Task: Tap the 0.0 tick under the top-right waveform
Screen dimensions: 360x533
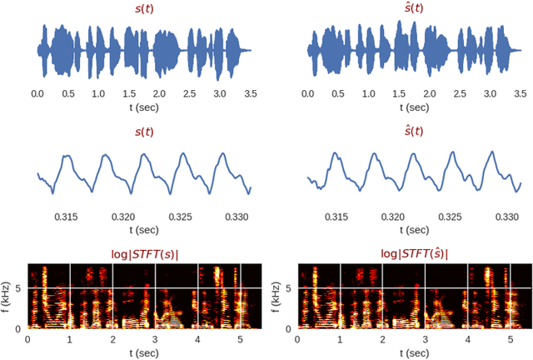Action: click(308, 94)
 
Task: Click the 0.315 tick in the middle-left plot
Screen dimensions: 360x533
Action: click(66, 217)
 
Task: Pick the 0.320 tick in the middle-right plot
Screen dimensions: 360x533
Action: click(394, 217)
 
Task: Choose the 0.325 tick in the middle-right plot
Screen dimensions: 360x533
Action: click(451, 217)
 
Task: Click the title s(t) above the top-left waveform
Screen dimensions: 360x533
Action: click(144, 9)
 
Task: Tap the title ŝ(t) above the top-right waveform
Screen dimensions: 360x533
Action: click(414, 9)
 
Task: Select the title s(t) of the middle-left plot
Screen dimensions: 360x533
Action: click(144, 132)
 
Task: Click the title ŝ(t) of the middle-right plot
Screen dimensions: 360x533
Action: click(414, 132)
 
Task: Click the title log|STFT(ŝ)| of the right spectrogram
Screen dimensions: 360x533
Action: click(414, 252)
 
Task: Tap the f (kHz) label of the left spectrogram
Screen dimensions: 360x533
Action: click(7, 296)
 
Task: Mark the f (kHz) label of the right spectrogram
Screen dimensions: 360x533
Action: click(278, 296)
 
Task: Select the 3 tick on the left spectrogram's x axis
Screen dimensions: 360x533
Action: click(155, 338)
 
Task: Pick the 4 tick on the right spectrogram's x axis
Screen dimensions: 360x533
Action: click(468, 338)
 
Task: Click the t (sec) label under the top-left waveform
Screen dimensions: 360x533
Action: click(144, 107)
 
